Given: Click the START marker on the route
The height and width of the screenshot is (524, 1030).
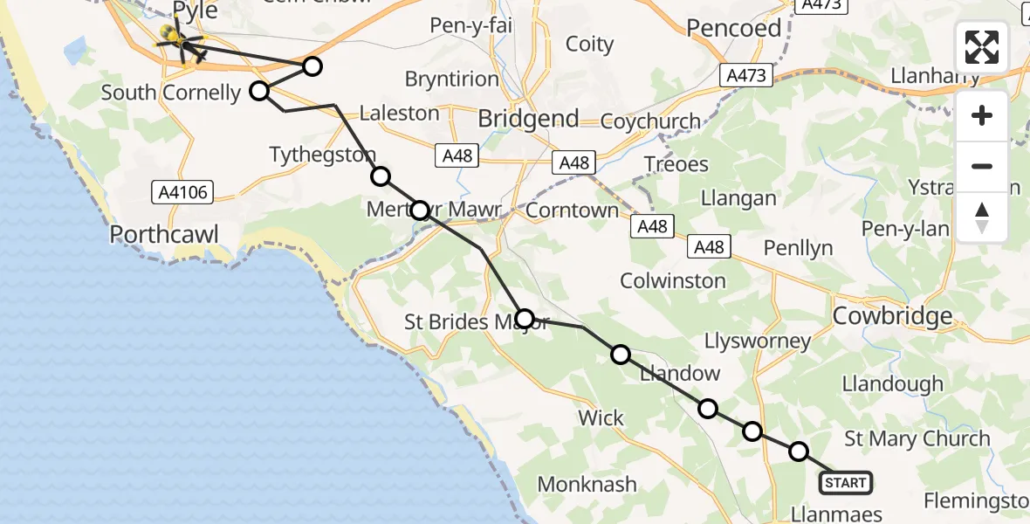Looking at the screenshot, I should pos(845,482).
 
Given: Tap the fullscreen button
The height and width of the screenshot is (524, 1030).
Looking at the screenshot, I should pos(982,47).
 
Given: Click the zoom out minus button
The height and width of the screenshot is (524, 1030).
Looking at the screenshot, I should pos(982,166).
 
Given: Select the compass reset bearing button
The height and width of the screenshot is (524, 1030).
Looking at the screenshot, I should pos(982,217).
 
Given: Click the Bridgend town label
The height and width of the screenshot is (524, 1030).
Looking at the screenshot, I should pos(529,118).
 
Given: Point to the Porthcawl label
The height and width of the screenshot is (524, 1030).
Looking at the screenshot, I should pos(163,234).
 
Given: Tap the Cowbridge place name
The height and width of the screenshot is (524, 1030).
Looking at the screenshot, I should pos(892,315).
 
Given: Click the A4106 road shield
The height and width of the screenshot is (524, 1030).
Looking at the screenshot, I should pos(182,191).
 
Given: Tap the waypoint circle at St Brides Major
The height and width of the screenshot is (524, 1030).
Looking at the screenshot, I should pos(525,318).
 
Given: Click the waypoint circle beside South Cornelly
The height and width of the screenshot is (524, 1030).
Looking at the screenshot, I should pos(259,91).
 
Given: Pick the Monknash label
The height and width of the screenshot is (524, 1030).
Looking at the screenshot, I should pos(587,484).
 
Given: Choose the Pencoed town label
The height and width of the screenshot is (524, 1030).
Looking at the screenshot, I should pos(733,28).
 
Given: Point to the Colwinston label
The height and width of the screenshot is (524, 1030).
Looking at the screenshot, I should pos(672,280).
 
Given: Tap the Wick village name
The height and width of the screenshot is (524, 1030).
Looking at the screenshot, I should pos(601,417).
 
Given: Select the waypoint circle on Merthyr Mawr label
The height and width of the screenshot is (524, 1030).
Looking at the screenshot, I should pos(420,210).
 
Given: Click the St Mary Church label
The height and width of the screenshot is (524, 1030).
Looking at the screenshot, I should pos(917,438).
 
